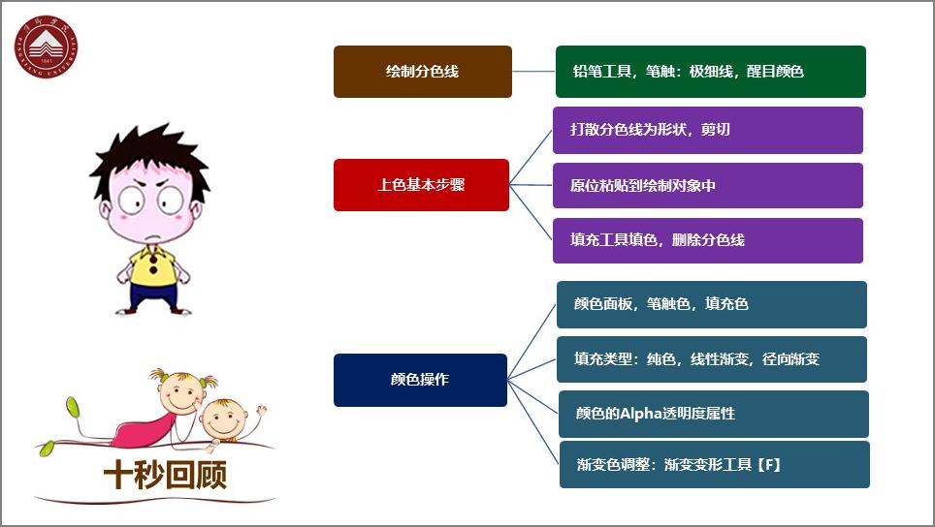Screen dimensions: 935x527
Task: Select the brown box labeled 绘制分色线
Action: click(422, 72)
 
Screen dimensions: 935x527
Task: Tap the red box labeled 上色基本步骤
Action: click(421, 184)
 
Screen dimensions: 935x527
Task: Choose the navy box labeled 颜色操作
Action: click(420, 380)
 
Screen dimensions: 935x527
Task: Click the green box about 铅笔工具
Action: click(710, 72)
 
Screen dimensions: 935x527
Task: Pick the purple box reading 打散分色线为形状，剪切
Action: click(707, 130)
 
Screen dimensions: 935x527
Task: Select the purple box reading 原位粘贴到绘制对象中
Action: click(707, 185)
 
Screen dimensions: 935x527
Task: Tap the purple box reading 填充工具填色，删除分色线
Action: click(707, 240)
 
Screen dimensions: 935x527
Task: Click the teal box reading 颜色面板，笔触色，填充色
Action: click(711, 304)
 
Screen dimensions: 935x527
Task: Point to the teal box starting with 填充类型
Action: click(711, 359)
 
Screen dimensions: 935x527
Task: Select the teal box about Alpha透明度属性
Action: click(713, 414)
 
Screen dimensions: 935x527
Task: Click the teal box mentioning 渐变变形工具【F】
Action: click(714, 465)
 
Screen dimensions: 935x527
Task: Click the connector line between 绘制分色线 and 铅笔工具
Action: click(533, 72)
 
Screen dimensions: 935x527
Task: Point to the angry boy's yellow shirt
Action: click(153, 266)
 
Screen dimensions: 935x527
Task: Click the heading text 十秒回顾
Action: click(165, 475)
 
